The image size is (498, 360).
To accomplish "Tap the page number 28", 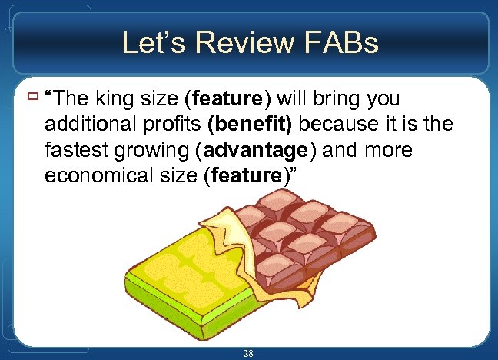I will click(x=247, y=353).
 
